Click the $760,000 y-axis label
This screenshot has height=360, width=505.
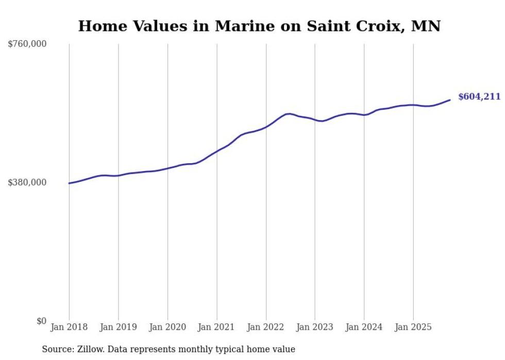27,44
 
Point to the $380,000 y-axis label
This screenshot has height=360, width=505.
27,182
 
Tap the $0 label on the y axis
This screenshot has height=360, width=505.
41,321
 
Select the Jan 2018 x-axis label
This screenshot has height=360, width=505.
69,327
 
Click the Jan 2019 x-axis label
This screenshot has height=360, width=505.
119,327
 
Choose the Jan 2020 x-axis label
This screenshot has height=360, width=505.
167,327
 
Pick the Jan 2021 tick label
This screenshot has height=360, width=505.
216,327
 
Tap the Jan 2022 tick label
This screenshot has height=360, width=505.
266,327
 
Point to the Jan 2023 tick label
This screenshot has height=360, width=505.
315,327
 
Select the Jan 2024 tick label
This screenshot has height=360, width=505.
364,327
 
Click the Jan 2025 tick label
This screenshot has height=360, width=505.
413,327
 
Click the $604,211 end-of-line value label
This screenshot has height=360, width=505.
479,97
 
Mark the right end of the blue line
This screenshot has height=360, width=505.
450,100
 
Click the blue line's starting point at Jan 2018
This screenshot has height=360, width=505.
69,183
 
